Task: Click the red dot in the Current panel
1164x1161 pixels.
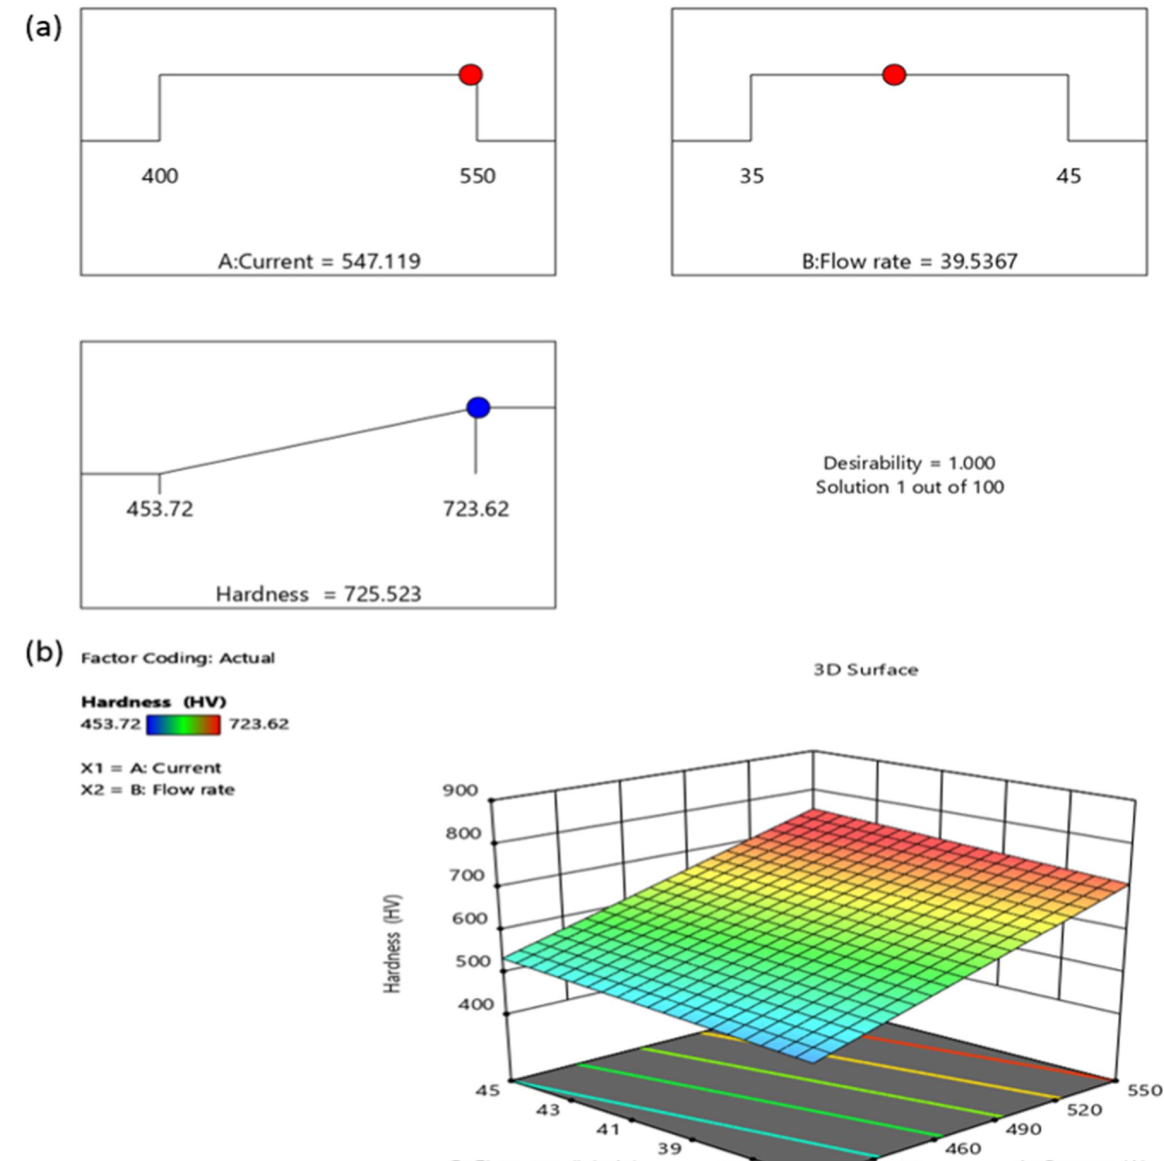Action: tap(471, 75)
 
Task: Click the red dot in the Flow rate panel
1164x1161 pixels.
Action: tap(894, 75)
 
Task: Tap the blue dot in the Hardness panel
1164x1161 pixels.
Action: tap(478, 408)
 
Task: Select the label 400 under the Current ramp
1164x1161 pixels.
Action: tap(160, 176)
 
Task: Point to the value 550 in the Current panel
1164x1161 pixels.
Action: tap(477, 176)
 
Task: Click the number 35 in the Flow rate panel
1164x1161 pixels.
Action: tap(751, 176)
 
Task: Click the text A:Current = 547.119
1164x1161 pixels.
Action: tap(319, 261)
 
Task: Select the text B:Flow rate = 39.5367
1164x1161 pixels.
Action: tap(909, 261)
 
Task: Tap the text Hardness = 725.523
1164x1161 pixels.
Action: tap(319, 594)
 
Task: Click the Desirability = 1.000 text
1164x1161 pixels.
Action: tap(909, 463)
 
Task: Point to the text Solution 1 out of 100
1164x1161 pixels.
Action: tap(909, 487)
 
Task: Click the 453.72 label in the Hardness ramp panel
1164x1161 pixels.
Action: tap(160, 509)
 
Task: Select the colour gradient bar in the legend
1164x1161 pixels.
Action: tap(184, 724)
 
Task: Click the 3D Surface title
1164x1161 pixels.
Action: tap(866, 670)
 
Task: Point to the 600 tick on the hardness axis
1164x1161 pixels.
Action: tap(470, 918)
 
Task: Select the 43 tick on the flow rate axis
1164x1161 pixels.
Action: tap(548, 1110)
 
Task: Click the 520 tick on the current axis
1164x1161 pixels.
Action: tap(1085, 1110)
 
